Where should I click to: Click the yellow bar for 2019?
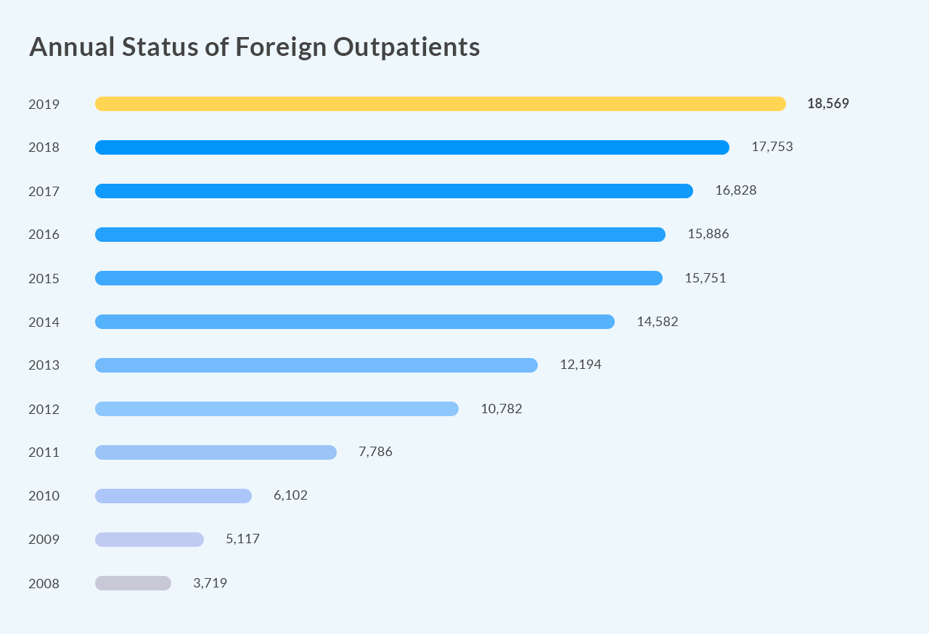coord(440,104)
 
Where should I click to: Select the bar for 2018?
coord(412,147)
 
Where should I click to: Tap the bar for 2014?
coord(354,322)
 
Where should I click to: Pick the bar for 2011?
coord(216,452)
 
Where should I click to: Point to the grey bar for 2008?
coord(133,583)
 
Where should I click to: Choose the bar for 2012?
coord(277,409)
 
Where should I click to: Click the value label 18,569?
coord(827,104)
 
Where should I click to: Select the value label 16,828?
coord(735,190)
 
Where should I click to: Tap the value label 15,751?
coord(705,277)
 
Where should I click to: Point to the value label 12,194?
coord(580,365)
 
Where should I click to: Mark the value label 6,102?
coord(290,495)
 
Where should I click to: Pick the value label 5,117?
coord(242,539)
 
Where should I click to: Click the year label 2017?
coord(44,191)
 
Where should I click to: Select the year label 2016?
coord(44,235)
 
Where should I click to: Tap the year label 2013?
coord(44,365)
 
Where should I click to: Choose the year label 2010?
coord(44,496)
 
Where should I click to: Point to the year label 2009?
coord(44,540)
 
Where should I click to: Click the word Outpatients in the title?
coord(406,47)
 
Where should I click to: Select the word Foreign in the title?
coord(281,47)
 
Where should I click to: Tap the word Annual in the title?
coord(72,47)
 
